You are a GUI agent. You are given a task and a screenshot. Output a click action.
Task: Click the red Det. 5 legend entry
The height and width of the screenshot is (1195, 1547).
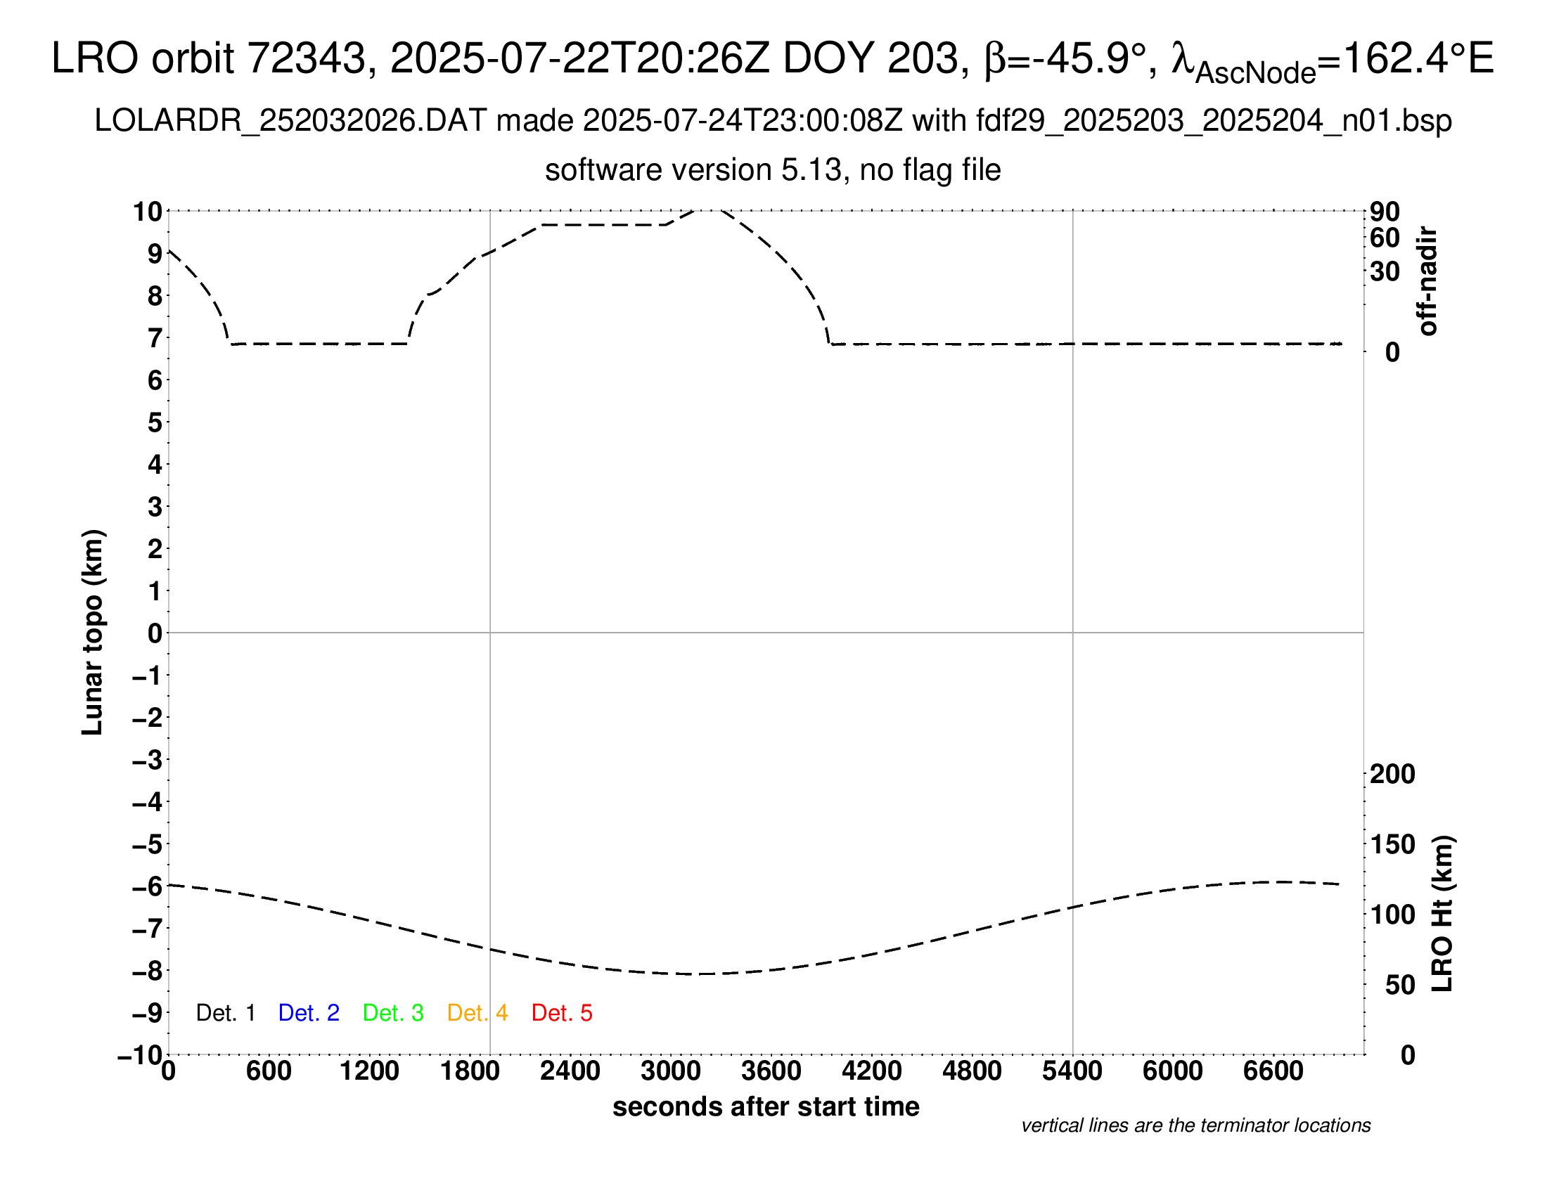(562, 1013)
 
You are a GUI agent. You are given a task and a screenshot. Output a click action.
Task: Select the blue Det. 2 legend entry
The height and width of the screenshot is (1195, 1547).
(309, 1013)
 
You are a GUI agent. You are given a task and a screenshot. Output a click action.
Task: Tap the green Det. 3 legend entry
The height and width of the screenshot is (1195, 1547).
(393, 1013)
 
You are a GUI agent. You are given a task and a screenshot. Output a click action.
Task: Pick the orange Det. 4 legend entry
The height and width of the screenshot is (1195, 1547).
(477, 1013)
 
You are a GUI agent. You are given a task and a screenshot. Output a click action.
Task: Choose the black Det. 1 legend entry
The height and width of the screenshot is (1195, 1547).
(225, 1013)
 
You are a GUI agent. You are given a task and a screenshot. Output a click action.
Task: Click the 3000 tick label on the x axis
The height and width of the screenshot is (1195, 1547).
(671, 1071)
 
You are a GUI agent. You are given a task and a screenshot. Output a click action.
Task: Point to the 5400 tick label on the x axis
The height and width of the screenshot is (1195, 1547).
(1072, 1071)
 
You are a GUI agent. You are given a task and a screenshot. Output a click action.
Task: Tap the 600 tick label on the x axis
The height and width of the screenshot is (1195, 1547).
(269, 1071)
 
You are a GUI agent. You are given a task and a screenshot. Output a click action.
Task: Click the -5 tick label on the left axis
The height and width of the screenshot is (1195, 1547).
(149, 844)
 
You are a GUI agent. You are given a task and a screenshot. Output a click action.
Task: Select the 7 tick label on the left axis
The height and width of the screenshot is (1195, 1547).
(155, 338)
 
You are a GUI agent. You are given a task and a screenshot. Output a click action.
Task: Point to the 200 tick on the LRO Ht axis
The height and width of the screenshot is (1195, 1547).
(1392, 774)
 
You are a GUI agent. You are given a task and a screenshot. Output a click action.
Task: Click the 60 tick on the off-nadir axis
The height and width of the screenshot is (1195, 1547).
(1385, 238)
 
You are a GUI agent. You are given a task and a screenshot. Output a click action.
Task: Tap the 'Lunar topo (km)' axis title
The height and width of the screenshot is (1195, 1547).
(93, 632)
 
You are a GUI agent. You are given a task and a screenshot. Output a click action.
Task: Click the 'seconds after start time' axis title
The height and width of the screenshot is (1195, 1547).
(766, 1106)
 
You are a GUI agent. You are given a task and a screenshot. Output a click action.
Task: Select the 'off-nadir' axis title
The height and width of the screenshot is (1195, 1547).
(1427, 281)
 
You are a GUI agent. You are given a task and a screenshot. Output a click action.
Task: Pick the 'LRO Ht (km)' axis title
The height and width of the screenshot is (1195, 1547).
(1442, 913)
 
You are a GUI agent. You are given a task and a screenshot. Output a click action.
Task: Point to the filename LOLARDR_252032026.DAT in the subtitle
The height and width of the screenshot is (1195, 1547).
(290, 121)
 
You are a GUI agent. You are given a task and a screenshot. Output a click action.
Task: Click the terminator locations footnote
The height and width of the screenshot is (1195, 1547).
(1195, 1125)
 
